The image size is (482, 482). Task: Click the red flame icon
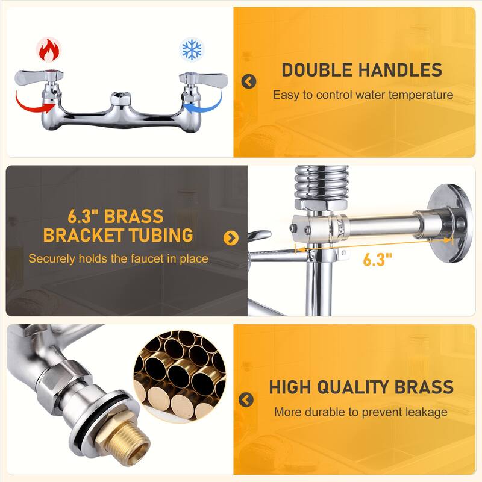coord(49,50)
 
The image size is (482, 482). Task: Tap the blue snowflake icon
coord(192,49)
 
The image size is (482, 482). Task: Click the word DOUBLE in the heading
coord(317,70)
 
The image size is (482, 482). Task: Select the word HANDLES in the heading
coord(401,70)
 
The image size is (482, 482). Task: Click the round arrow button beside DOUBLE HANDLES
coord(249,81)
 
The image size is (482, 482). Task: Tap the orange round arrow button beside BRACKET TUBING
coord(231,238)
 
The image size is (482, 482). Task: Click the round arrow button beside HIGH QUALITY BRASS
coord(246,399)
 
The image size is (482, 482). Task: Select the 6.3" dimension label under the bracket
coord(378,260)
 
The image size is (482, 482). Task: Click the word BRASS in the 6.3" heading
coord(134,216)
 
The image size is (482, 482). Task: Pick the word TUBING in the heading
coord(161,236)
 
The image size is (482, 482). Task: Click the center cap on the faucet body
coord(120,98)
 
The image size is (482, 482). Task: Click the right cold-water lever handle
coord(204,78)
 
